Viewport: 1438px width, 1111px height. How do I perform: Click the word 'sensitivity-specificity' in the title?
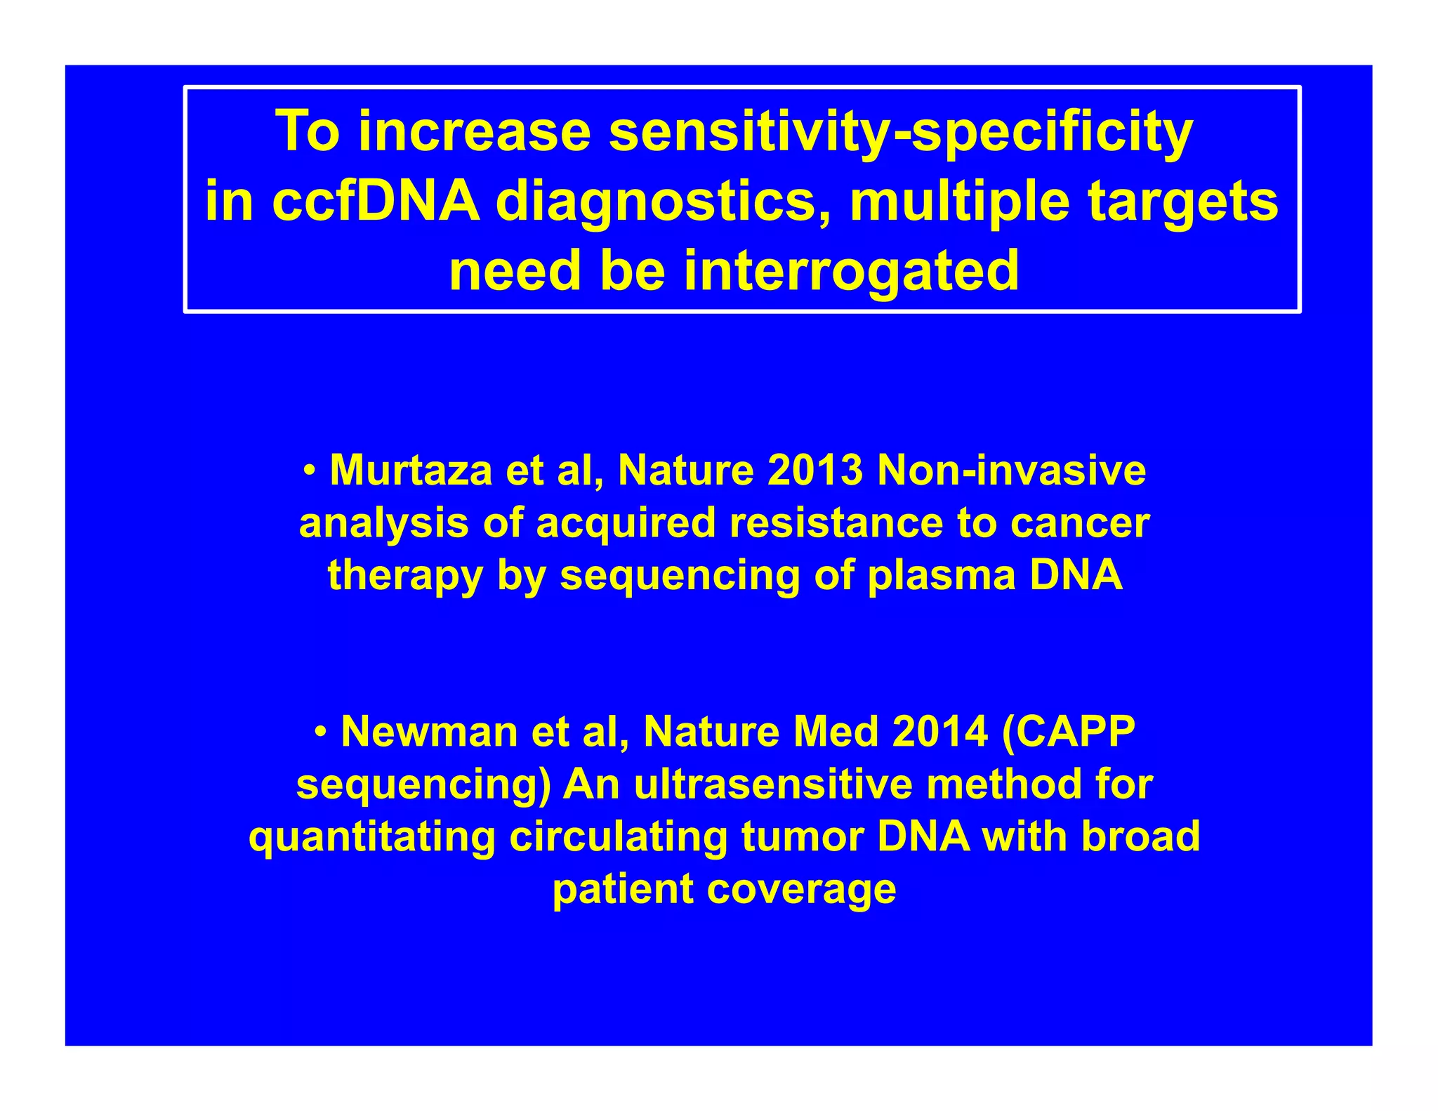click(900, 131)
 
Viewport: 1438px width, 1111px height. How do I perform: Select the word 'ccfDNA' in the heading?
click(376, 202)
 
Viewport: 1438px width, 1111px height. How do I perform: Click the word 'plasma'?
click(942, 575)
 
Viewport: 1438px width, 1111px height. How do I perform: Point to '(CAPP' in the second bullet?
click(1069, 732)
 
